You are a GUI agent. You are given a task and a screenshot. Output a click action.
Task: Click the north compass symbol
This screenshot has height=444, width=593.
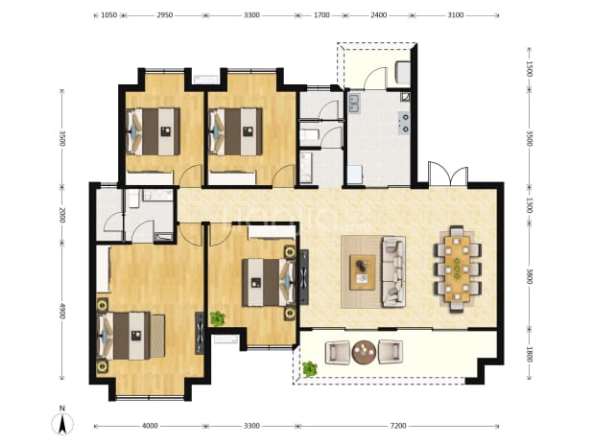[x=62, y=421]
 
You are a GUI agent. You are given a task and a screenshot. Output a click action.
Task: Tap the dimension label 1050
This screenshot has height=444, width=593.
[x=108, y=15]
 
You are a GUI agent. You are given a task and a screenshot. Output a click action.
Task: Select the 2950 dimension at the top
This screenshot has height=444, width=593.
[x=164, y=15]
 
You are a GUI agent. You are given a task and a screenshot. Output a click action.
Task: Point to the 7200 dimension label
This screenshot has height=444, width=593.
[x=398, y=426]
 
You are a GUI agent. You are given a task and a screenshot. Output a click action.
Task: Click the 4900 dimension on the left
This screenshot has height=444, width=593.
[x=62, y=311]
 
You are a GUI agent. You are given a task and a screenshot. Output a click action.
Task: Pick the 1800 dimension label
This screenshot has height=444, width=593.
[x=529, y=354]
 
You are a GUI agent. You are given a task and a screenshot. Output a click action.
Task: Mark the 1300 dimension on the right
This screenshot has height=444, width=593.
[x=529, y=204]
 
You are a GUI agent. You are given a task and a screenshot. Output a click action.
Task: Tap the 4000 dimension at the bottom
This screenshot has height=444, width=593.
[x=150, y=426]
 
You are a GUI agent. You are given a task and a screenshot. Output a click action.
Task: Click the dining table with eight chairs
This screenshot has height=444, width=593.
[x=458, y=269]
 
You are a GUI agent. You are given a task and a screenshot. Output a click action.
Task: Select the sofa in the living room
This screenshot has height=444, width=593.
[x=393, y=271]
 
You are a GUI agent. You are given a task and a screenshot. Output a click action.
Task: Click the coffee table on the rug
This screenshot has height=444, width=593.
[x=363, y=272]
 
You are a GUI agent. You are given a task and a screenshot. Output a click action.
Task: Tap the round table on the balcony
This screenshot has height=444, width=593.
[x=364, y=352]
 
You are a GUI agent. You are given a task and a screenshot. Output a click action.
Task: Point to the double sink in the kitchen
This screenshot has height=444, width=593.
[x=354, y=104]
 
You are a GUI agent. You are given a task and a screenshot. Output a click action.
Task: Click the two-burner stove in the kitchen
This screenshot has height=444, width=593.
[x=404, y=123]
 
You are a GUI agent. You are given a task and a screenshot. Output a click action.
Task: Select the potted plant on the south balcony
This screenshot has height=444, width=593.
[x=310, y=369]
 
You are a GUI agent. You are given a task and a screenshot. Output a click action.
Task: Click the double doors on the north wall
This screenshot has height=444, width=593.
[x=448, y=174]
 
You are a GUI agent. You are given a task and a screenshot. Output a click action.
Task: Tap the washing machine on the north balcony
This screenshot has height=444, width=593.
[x=402, y=72]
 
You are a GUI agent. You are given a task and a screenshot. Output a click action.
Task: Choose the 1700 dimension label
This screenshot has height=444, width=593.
[x=321, y=15]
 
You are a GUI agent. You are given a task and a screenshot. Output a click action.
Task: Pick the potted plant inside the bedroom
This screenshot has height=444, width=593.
[x=218, y=318]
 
